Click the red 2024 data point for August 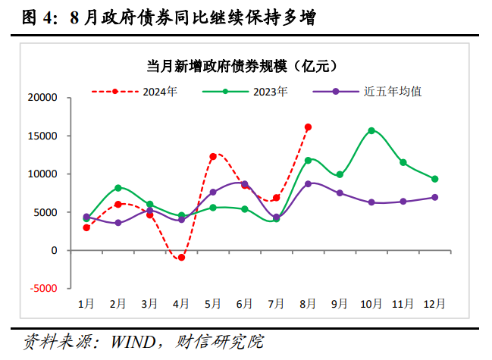point(308,127)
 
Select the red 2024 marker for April point(181,258)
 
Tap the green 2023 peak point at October point(371,130)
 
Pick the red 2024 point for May point(213,156)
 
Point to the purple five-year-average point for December point(434,197)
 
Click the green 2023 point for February point(118,187)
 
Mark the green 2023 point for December point(434,179)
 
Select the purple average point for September point(340,193)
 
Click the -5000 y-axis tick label point(43,288)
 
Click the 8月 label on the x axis point(308,303)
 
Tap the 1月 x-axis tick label point(86,303)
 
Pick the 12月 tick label point(434,303)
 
